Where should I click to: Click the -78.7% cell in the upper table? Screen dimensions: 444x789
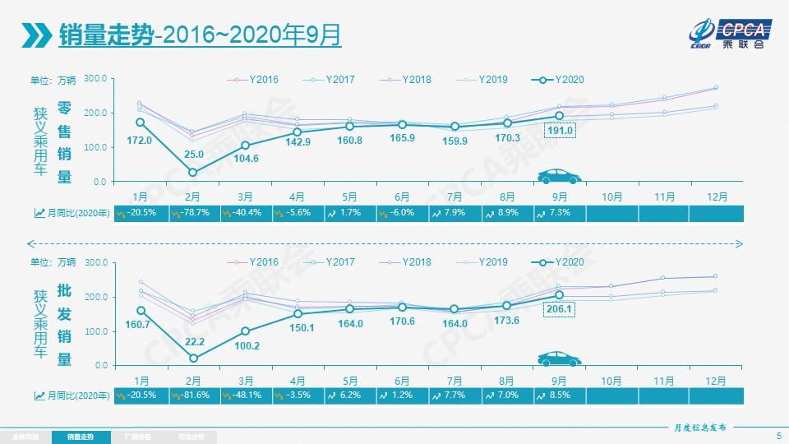(192, 213)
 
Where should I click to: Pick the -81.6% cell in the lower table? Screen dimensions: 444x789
(192, 395)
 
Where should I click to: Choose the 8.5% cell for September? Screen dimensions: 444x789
(559, 395)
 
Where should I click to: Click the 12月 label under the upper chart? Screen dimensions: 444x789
(716, 197)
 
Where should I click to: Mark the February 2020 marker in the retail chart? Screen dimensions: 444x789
(193, 172)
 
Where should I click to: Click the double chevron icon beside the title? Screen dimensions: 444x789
(36, 35)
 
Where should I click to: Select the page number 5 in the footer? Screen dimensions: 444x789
(777, 436)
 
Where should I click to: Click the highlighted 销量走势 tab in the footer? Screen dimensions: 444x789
(80, 437)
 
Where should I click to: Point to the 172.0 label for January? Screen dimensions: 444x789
(140, 141)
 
